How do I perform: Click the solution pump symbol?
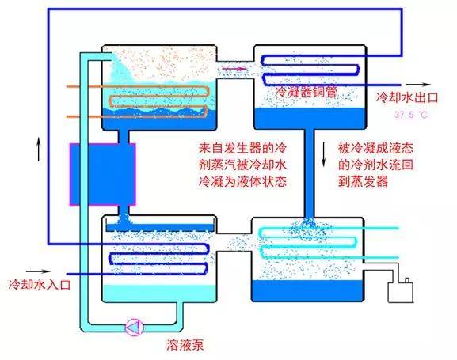pyautogui.click(x=135, y=327)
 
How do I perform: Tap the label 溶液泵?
pyautogui.click(x=185, y=345)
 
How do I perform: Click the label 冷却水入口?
pyautogui.click(x=40, y=284)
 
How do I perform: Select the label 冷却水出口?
pyautogui.click(x=407, y=97)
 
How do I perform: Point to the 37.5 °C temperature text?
pyautogui.click(x=411, y=115)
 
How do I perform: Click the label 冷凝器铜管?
pyautogui.click(x=306, y=92)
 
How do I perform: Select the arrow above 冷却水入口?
pyautogui.click(x=38, y=271)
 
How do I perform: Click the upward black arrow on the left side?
pyautogui.click(x=39, y=150)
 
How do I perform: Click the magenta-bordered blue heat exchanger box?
pyautogui.click(x=103, y=174)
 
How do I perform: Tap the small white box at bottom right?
pyautogui.click(x=401, y=291)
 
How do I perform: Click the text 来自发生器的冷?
pyautogui.click(x=243, y=148)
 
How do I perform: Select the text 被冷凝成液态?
pyautogui.click(x=375, y=148)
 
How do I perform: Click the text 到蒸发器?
pyautogui.click(x=364, y=181)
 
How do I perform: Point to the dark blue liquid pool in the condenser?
pyautogui.click(x=310, y=118)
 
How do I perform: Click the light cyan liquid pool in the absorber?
pyautogui.click(x=159, y=293)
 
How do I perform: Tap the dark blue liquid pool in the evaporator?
pyautogui.click(x=307, y=290)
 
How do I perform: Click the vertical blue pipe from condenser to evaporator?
pyautogui.click(x=310, y=174)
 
